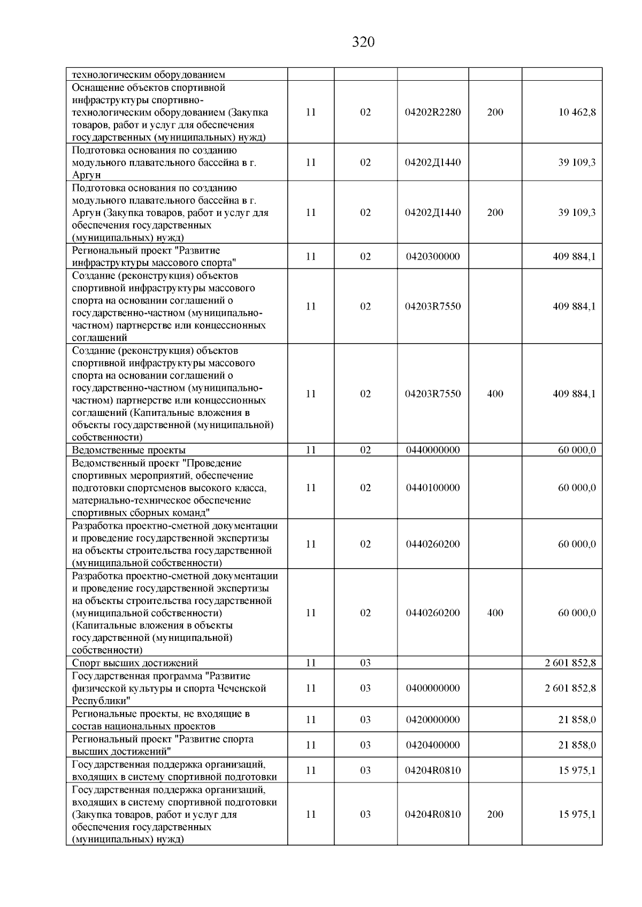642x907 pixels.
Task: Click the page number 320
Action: [x=363, y=42]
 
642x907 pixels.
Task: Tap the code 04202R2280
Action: [x=433, y=112]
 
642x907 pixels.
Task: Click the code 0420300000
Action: [x=433, y=257]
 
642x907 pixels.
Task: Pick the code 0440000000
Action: [x=433, y=450]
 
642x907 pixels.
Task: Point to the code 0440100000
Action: [x=433, y=487]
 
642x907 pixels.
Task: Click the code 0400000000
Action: [x=433, y=688]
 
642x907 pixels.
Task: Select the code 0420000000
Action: [x=433, y=719]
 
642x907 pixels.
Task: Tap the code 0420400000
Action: [x=433, y=745]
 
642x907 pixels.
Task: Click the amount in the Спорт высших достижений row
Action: [x=570, y=663]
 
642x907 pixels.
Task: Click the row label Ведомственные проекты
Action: [x=129, y=451]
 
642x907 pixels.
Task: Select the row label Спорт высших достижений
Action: [x=135, y=663]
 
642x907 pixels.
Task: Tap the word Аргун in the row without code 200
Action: [x=86, y=175]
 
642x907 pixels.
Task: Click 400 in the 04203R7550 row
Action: [x=495, y=394]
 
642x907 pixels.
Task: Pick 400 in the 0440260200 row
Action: [x=495, y=613]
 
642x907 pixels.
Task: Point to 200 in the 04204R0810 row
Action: [x=495, y=814]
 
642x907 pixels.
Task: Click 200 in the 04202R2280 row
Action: [x=495, y=112]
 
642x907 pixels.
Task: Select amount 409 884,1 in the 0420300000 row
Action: [x=574, y=257]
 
